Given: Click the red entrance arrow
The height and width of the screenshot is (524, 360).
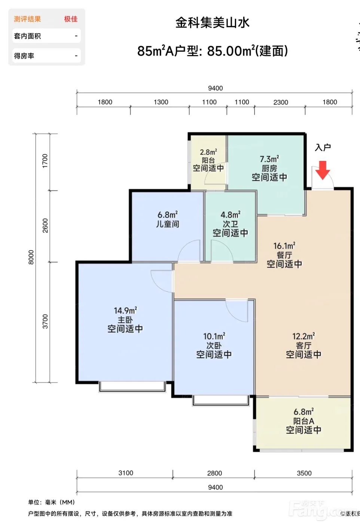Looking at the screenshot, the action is click(323, 170).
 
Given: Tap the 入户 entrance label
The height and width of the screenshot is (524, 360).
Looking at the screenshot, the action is click(323, 147).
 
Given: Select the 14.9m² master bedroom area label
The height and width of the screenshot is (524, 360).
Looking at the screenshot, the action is click(125, 311).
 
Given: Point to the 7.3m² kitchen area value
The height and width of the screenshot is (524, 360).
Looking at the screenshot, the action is click(269, 159).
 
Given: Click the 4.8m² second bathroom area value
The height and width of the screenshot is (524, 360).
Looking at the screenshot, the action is click(231, 214).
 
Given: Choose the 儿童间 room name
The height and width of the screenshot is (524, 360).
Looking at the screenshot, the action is click(168, 224).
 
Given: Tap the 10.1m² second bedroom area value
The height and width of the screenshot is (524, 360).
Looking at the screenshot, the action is click(214, 336).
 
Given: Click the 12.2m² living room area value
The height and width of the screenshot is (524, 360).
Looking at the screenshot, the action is click(303, 336).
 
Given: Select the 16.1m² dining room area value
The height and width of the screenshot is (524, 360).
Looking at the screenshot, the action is click(284, 246).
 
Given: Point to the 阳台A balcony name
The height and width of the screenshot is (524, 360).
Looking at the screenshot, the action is click(303, 421).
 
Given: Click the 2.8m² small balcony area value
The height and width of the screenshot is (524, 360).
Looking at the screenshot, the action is click(208, 152).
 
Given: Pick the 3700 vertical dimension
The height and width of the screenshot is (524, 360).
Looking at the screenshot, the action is click(45, 321).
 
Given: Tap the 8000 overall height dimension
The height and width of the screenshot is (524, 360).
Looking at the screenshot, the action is click(31, 257).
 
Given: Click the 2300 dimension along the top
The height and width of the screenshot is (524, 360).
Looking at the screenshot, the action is click(281, 102).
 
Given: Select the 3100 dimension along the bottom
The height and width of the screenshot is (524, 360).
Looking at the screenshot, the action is click(126, 473).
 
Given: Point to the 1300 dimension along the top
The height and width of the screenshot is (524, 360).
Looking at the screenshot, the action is click(161, 102).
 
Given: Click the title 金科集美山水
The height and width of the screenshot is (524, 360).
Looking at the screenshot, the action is click(213, 23).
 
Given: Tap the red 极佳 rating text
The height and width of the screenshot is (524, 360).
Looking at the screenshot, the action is click(71, 19).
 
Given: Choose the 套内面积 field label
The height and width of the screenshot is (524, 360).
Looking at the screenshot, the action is click(27, 36).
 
